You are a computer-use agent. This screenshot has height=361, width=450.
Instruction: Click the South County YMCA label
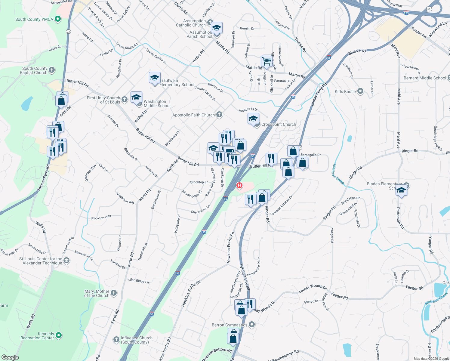point(34,19)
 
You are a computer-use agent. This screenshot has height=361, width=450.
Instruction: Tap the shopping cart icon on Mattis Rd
point(267,61)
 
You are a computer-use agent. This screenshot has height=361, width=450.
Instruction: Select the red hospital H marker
point(239,185)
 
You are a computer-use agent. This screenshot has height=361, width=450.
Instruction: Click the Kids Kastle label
point(345,91)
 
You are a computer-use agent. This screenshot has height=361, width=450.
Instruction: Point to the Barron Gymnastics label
point(230,325)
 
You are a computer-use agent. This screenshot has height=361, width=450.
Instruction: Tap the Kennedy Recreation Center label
point(37,336)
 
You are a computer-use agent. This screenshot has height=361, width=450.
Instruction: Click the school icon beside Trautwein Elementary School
point(155,78)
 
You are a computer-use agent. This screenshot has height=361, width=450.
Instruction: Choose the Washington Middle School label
point(157,103)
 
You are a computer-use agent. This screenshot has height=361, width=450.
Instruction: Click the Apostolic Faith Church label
point(193,115)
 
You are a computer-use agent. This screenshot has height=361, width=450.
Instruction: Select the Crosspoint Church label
point(279,124)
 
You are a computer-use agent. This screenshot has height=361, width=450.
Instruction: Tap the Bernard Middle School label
point(425,78)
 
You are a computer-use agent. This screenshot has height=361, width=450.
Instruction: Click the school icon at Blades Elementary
point(401,191)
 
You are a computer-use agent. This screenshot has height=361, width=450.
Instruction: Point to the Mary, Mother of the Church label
point(97,293)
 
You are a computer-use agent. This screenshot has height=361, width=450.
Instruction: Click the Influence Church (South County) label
point(136,340)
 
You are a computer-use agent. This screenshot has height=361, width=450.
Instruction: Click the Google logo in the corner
point(10,357)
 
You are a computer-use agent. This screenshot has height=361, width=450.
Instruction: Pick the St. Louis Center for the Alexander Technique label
point(41,261)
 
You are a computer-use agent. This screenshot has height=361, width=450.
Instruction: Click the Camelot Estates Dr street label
point(281,205)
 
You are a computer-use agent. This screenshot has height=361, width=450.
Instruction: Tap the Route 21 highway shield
point(68,32)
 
